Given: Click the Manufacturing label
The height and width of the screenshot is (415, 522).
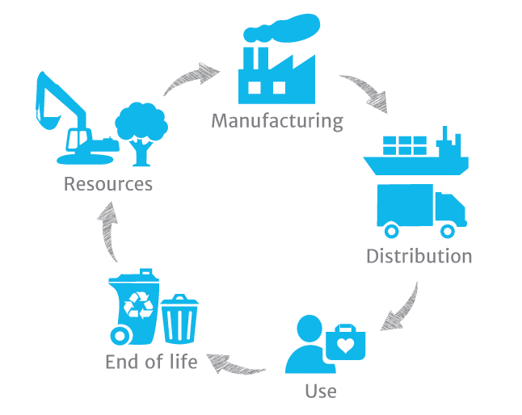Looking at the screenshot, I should point(276,121).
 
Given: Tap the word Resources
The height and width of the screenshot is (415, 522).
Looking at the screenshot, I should point(108,184).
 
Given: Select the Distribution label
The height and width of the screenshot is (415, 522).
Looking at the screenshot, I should point(419,257).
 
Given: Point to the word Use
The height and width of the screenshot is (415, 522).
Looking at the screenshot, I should point(321,392).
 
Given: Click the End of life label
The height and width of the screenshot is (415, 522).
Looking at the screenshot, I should point(151,362).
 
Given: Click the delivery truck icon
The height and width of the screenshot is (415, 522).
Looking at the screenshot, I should point(420,208).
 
